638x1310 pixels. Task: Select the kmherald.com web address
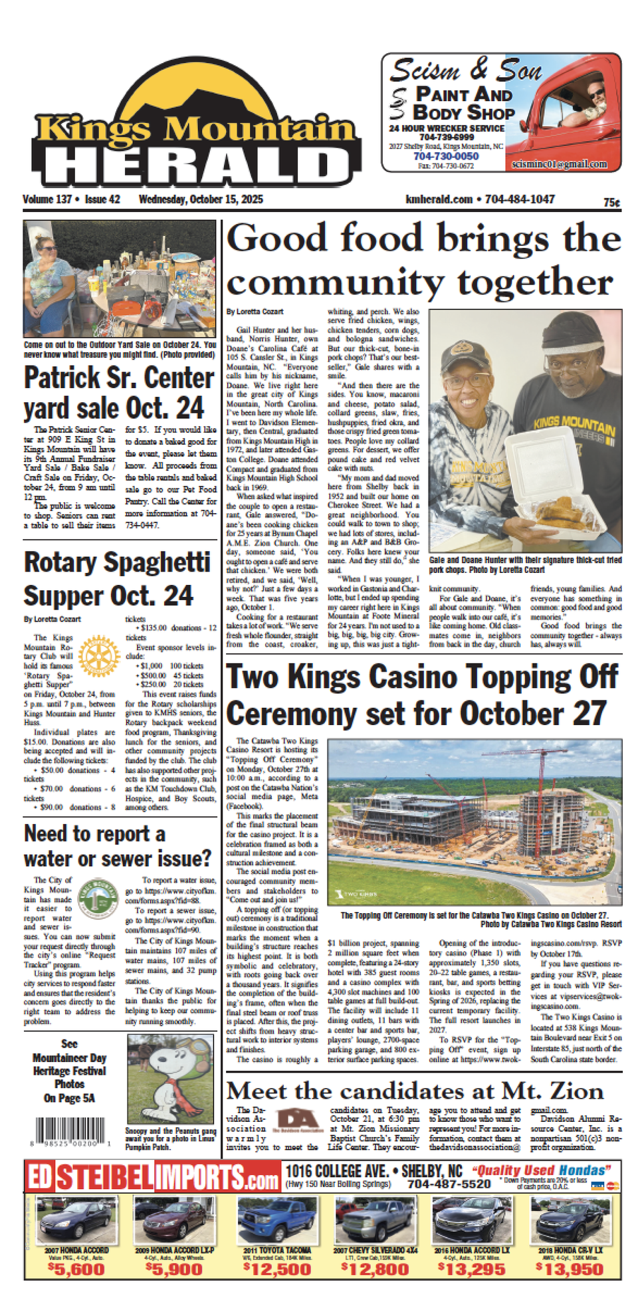click(439, 199)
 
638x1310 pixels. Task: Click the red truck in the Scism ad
click(572, 106)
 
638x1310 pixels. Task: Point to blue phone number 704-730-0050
click(446, 156)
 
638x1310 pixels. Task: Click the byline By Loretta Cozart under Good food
click(255, 312)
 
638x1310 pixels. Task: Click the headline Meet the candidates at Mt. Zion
click(415, 1091)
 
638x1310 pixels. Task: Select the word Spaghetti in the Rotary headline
click(156, 562)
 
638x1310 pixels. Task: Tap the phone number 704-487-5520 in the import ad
click(449, 1184)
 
